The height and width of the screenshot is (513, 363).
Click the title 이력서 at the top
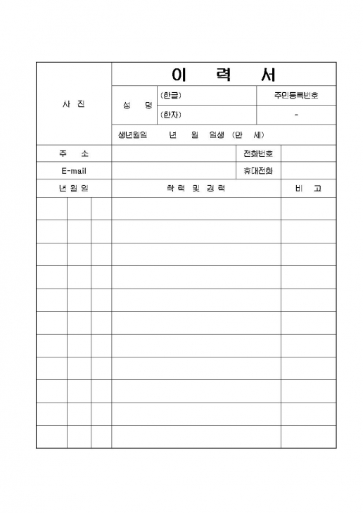pos(224,74)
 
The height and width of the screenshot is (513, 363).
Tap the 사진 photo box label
pos(73,104)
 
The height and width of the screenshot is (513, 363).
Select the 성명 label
pos(137,105)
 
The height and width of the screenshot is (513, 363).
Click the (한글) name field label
pos(171,95)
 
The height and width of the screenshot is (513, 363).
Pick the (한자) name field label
pos(171,115)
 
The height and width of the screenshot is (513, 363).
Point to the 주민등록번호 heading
pos(296,95)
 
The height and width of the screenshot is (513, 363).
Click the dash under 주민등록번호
pos(296,115)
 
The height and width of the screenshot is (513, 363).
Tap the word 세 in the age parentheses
pos(259,134)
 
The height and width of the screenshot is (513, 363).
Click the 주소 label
pos(73,153)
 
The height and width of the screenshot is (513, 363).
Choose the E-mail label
pos(73,171)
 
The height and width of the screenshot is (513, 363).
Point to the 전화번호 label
pos(257,153)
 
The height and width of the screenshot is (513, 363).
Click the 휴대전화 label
pos(257,171)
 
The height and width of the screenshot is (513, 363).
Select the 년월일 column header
pos(73,189)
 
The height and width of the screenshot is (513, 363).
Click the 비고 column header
pos(308,189)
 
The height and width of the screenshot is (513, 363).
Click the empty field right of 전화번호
pos(308,153)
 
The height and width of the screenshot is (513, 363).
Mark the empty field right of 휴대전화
pos(308,171)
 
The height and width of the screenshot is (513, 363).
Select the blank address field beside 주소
pos(172,153)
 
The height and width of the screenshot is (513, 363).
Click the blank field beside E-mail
pos(172,171)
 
